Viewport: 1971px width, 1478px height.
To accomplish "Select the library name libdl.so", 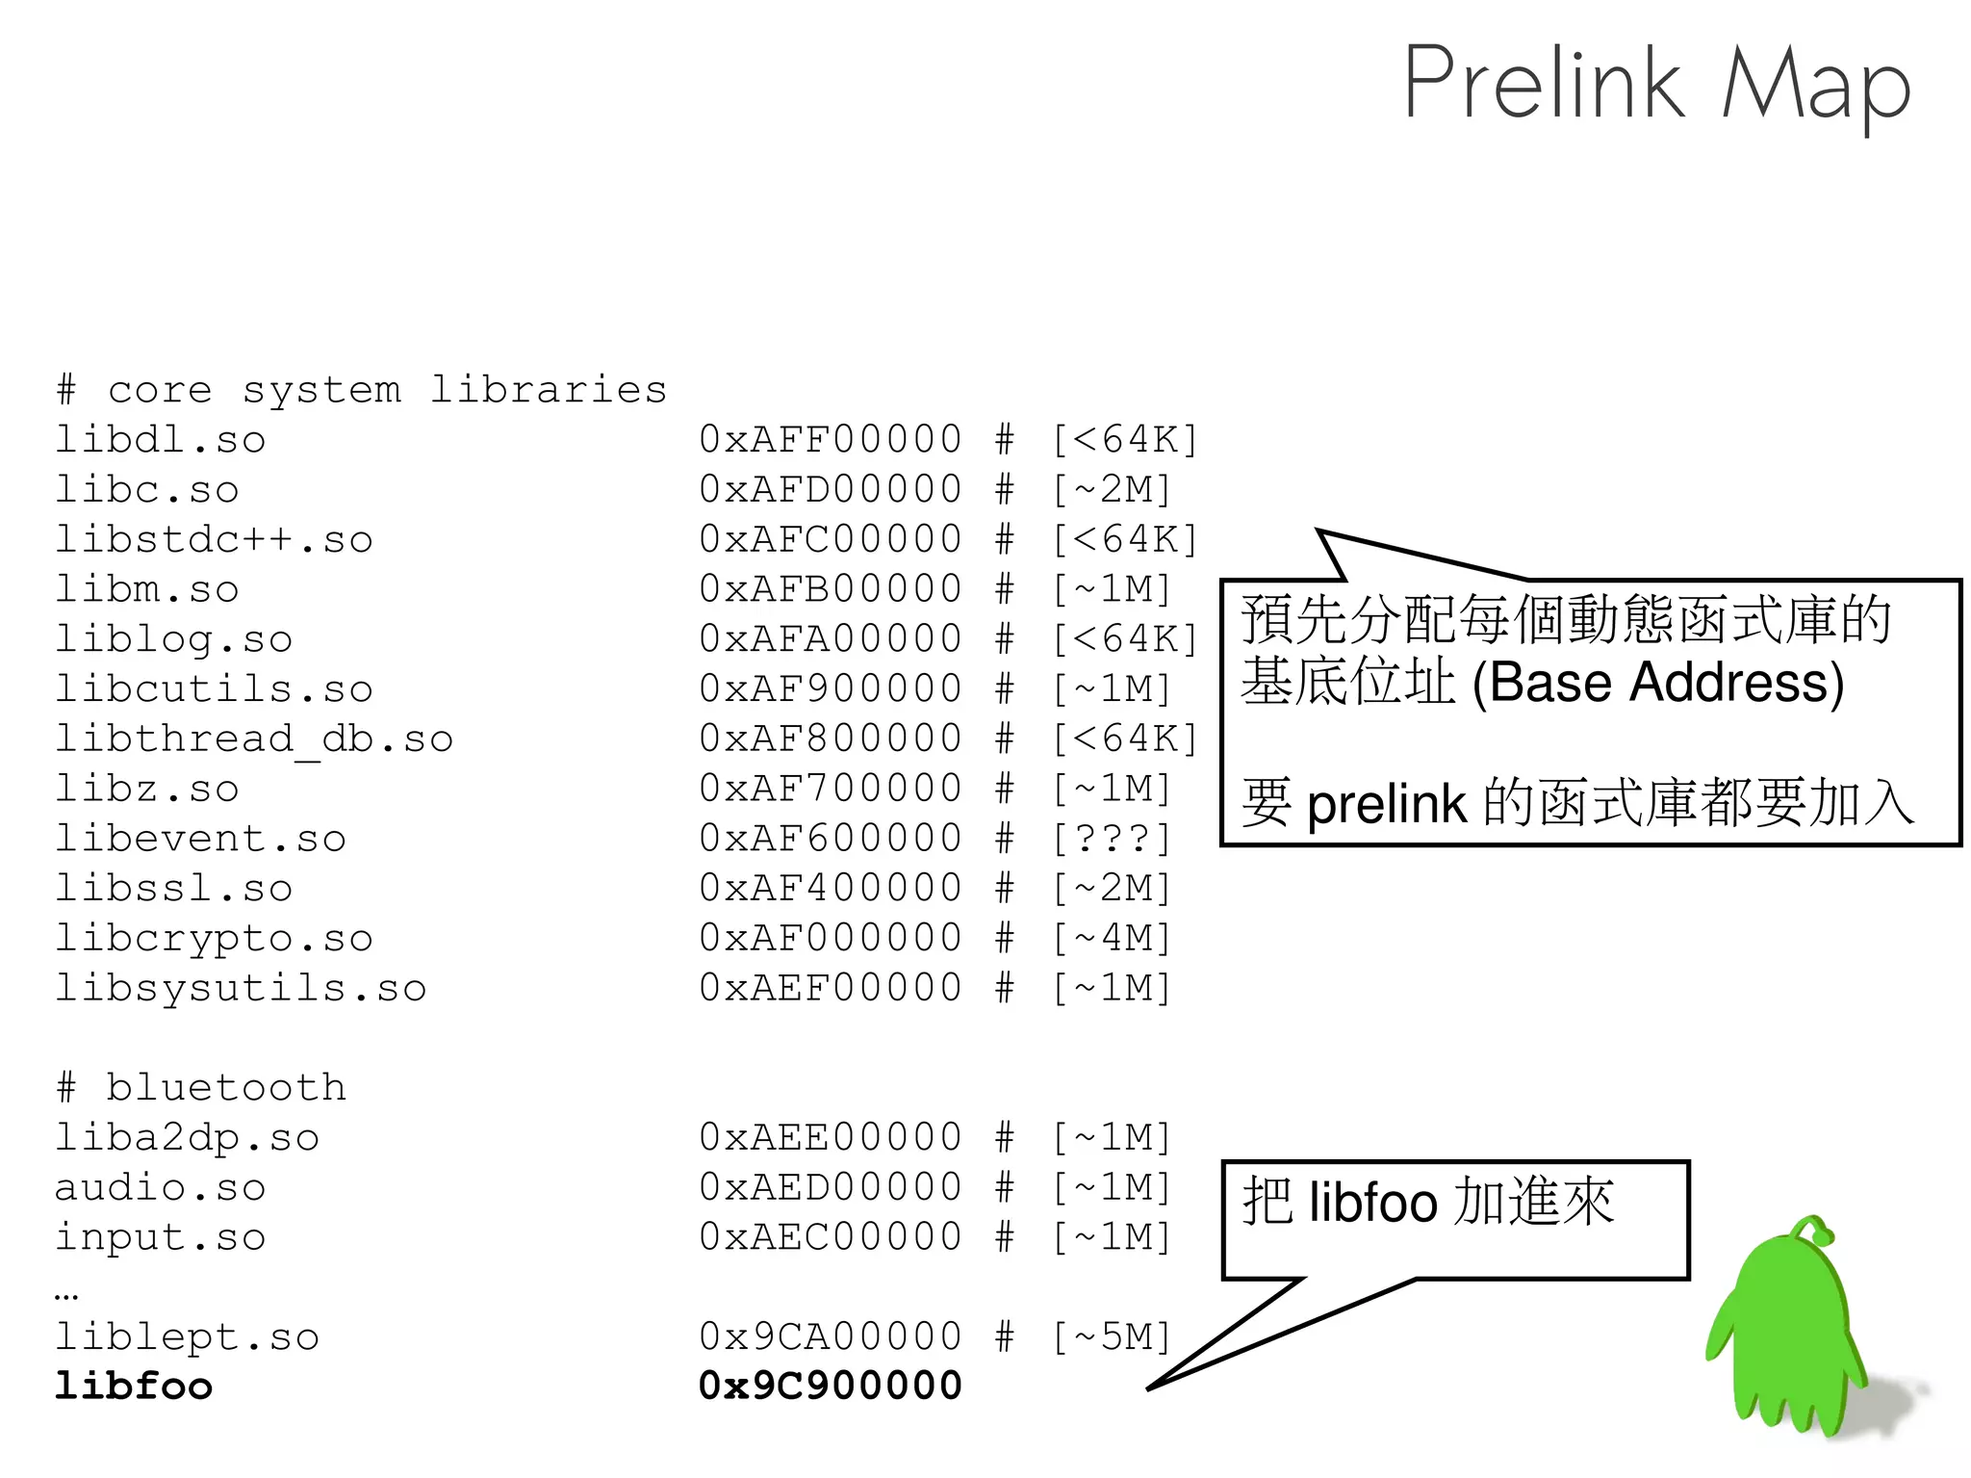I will coord(160,440).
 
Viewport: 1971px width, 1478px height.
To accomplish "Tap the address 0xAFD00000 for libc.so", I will coord(830,489).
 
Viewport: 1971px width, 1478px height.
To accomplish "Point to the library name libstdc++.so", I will coord(213,539).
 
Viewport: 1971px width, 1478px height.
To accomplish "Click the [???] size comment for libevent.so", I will coord(1112,839).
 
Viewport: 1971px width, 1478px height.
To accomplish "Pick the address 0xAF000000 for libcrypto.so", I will coord(830,938).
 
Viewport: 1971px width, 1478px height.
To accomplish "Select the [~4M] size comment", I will coord(1112,938).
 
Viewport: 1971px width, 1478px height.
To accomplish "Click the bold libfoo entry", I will coord(133,1387).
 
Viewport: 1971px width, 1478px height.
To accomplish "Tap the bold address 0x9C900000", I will coord(830,1387).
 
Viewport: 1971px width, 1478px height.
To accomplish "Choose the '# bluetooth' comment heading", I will coord(200,1088).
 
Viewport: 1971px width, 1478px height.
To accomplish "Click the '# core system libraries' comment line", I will coord(361,390).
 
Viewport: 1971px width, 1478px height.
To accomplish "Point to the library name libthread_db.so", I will coord(253,739).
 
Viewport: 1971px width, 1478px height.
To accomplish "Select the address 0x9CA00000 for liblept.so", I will coord(830,1336).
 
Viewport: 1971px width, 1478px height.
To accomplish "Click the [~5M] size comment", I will coord(1112,1336).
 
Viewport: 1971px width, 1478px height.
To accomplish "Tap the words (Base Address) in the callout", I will coord(1657,684).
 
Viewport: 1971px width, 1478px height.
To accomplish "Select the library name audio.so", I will coord(160,1188).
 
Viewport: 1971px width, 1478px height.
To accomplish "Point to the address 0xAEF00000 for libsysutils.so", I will coord(830,988).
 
